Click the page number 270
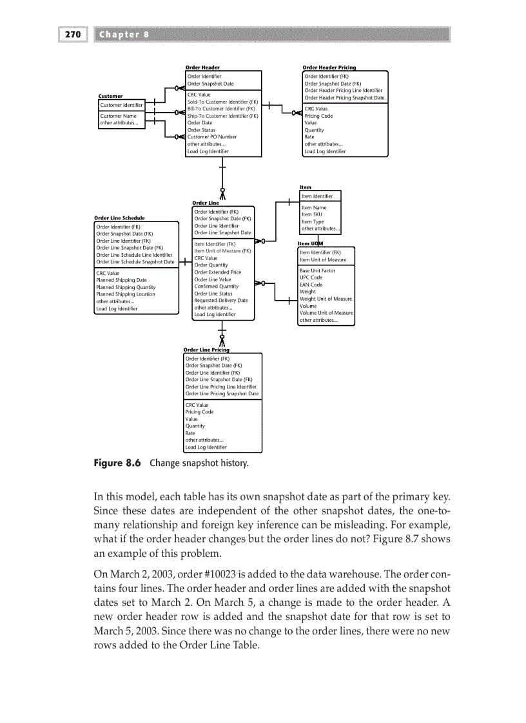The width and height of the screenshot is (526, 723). (x=73, y=35)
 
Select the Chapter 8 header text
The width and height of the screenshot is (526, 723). (x=124, y=35)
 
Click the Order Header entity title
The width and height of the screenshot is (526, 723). (x=202, y=67)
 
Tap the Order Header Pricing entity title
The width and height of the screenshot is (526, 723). (x=329, y=67)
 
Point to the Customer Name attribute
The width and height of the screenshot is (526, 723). (x=119, y=116)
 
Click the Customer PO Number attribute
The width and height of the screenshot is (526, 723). (x=212, y=136)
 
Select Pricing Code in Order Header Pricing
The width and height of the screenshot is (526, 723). (x=318, y=116)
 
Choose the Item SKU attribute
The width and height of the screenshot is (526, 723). (x=311, y=214)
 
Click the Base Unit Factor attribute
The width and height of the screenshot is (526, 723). (x=317, y=270)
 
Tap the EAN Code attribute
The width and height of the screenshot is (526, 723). (x=311, y=285)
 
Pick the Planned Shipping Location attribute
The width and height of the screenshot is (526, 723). (x=126, y=294)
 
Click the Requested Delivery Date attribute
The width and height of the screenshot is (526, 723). (x=221, y=300)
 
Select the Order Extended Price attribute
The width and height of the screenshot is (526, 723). (x=218, y=272)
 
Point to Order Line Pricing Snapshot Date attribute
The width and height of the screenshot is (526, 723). (x=222, y=393)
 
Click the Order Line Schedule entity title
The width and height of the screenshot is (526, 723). (x=119, y=218)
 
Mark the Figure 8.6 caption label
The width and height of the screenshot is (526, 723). (x=117, y=463)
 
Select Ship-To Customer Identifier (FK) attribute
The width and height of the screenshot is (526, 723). (x=222, y=116)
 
